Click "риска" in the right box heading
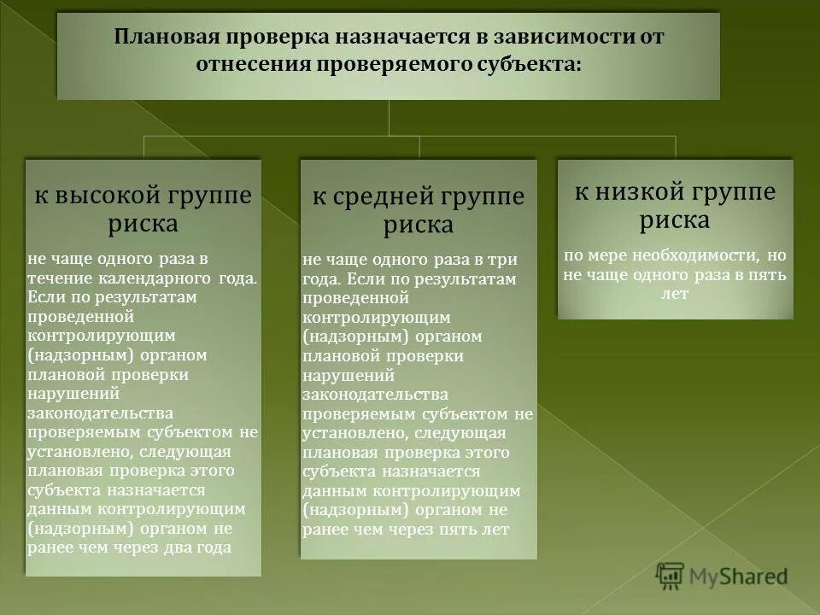pyautogui.click(x=675, y=220)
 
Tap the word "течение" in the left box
pyautogui.click(x=56, y=278)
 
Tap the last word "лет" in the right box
pyautogui.click(x=674, y=294)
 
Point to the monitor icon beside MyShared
pyautogui.click(x=671, y=577)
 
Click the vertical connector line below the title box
pyautogui.click(x=389, y=117)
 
